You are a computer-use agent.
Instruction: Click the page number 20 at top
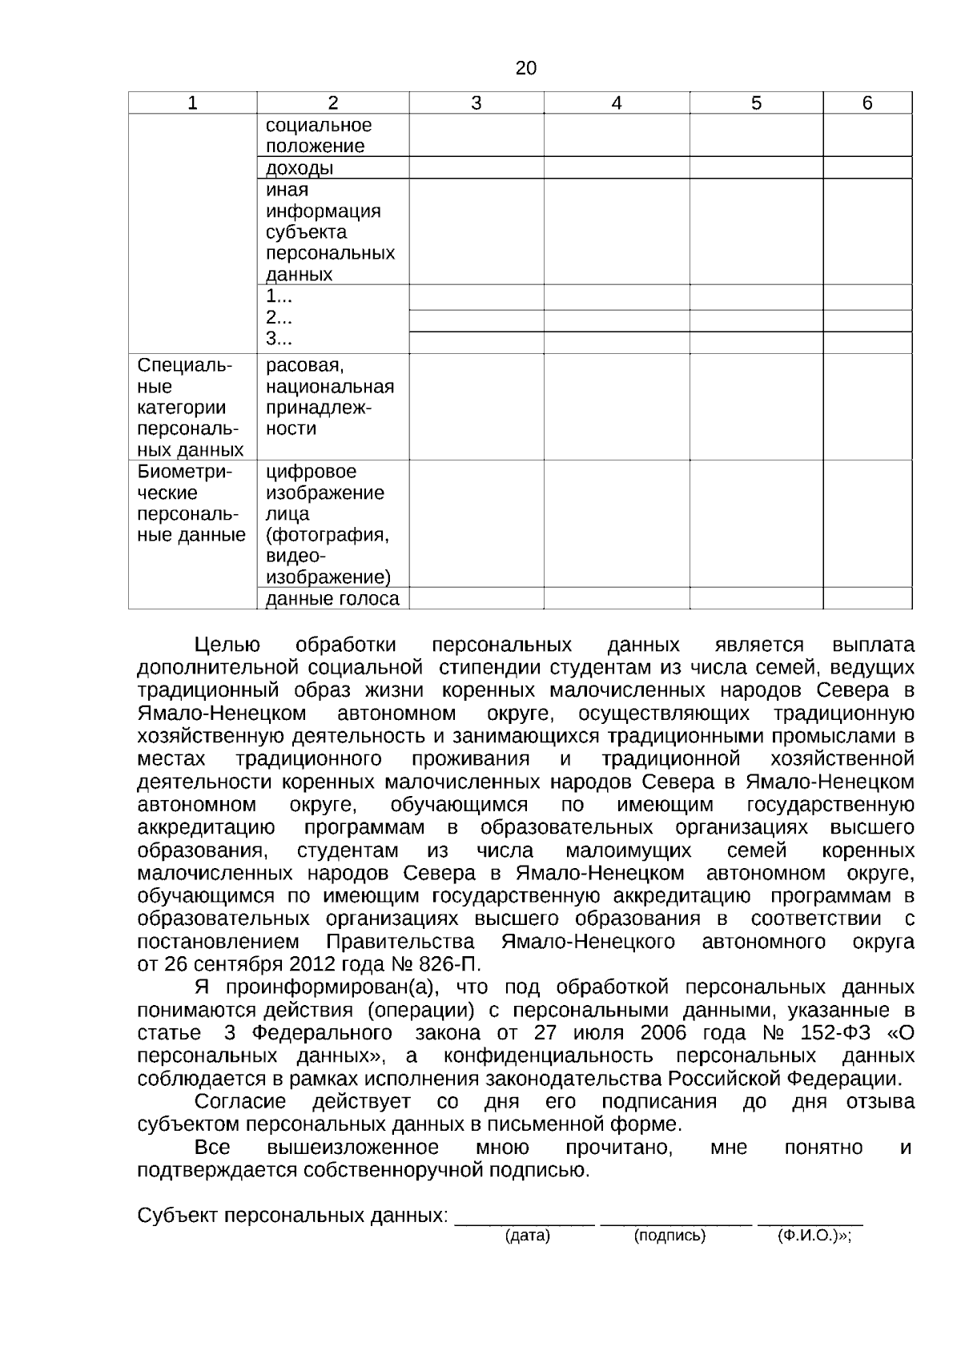(x=525, y=68)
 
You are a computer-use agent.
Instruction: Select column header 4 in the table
(x=616, y=103)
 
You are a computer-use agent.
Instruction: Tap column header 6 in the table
(x=867, y=103)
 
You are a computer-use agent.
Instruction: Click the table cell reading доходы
(x=300, y=168)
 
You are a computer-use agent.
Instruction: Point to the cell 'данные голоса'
(x=332, y=599)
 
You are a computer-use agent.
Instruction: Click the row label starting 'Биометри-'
(x=184, y=472)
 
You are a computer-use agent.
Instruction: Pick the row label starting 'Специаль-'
(x=185, y=366)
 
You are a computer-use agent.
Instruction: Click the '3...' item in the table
(x=279, y=339)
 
